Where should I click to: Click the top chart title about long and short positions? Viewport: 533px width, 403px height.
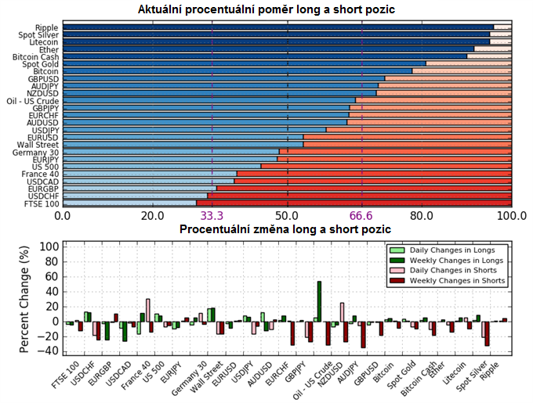[x=266, y=9]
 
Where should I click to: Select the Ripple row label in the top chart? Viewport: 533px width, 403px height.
[x=46, y=27]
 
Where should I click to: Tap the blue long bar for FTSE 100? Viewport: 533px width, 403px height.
[x=129, y=203]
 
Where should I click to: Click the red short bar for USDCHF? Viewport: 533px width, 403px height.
[x=360, y=196]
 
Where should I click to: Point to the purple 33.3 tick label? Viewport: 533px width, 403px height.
[x=212, y=216]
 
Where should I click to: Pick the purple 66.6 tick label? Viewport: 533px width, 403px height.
[x=361, y=216]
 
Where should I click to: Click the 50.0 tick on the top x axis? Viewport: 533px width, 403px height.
[x=288, y=216]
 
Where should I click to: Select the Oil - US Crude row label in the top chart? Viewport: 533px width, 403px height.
[x=33, y=101]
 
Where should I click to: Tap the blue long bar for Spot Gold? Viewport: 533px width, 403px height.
[x=245, y=63]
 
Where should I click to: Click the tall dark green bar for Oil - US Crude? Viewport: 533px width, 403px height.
[x=319, y=301]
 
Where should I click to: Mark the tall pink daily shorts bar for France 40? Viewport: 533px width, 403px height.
[x=148, y=311]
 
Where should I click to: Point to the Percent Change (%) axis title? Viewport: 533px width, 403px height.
[x=24, y=299]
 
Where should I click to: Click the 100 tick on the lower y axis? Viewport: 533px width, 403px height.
[x=49, y=246]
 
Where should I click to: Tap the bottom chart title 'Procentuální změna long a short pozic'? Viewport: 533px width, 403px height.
[x=285, y=229]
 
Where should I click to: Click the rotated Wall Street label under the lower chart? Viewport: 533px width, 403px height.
[x=206, y=377]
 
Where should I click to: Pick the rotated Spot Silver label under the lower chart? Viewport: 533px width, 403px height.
[x=472, y=376]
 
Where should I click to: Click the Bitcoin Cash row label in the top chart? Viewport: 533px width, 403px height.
[x=36, y=57]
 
